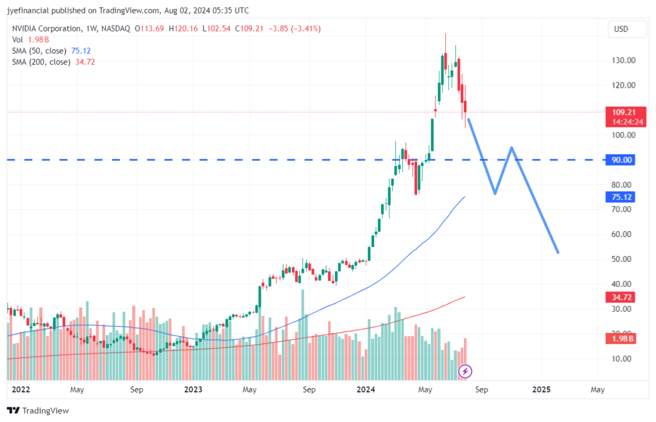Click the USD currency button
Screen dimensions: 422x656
[621, 29]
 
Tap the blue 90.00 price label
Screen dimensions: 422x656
[620, 159]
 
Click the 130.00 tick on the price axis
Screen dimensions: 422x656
[622, 60]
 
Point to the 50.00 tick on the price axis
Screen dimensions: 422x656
[622, 259]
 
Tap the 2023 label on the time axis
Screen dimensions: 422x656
[193, 389]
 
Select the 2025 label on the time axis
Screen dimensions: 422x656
[541, 389]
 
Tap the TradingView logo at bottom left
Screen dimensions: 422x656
[38, 410]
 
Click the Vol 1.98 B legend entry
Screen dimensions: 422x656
[31, 40]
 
